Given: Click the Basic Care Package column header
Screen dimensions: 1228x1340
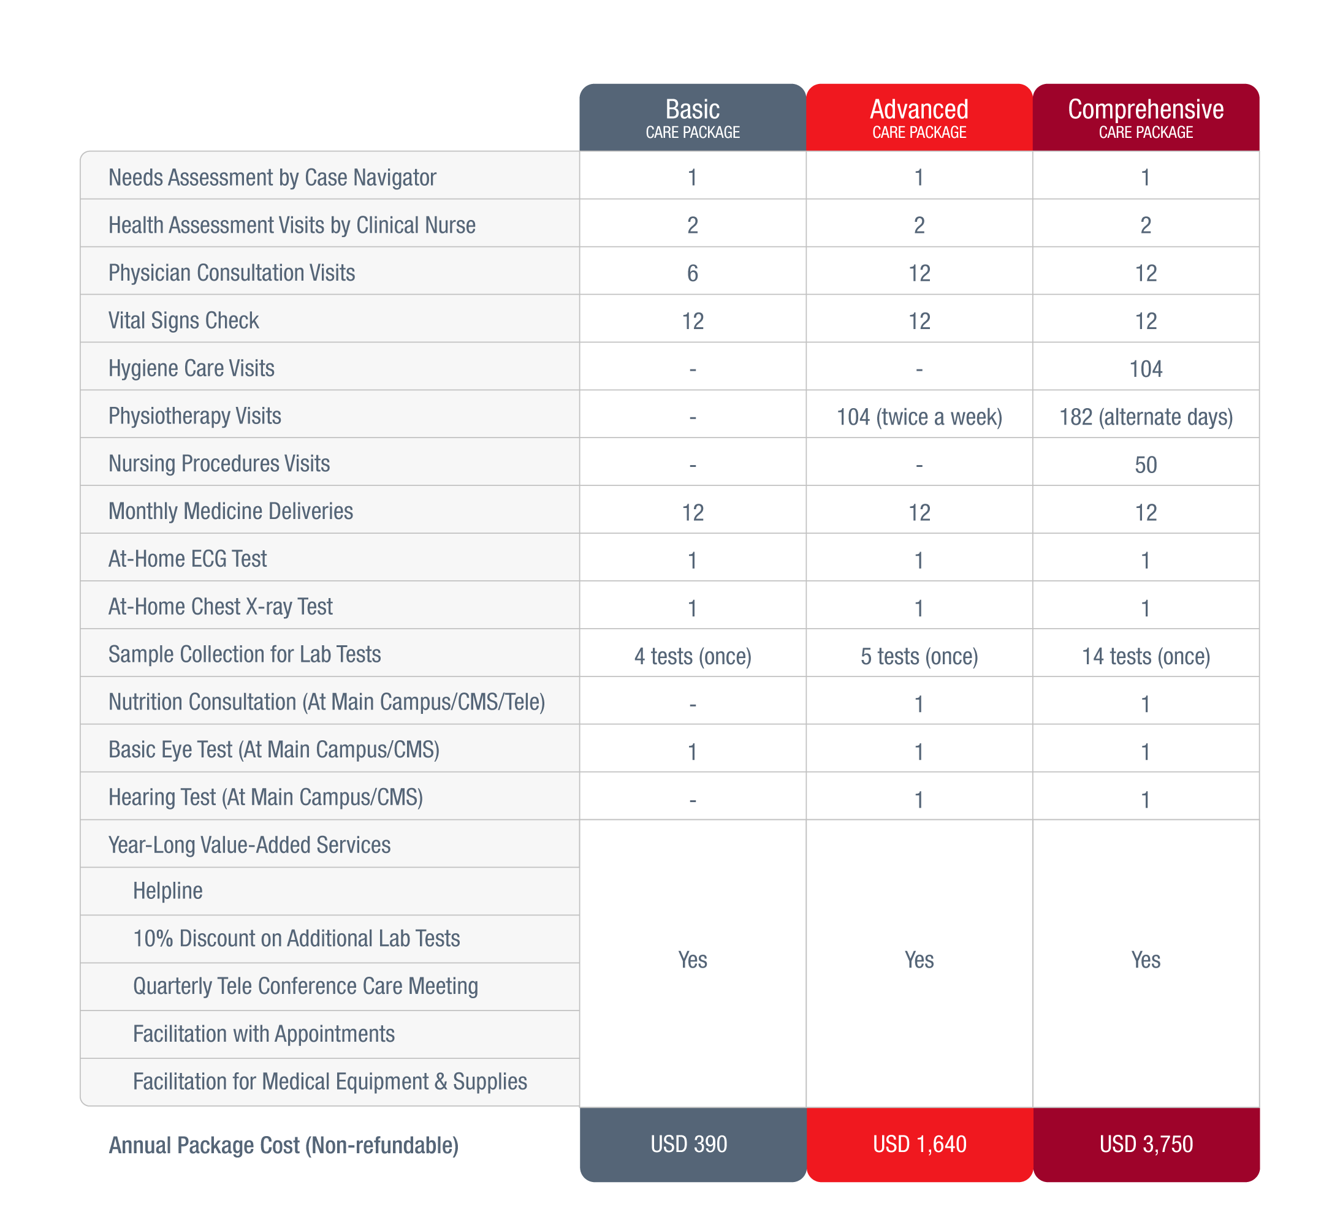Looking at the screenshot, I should tap(693, 118).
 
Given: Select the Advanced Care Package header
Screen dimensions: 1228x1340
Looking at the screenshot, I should tap(919, 118).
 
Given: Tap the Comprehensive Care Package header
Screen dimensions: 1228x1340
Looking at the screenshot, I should tap(1145, 118).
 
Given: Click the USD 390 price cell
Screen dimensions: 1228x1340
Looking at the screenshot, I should tap(689, 1143).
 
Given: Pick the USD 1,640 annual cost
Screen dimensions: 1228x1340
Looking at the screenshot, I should tap(919, 1143).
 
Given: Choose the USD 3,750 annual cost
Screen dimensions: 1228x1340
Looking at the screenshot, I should tap(1146, 1143).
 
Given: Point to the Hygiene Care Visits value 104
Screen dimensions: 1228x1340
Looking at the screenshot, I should tap(1146, 369).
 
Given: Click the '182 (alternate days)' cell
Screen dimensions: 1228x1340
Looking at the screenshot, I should tap(1146, 417).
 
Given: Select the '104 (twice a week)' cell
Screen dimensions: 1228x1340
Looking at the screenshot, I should tap(919, 417).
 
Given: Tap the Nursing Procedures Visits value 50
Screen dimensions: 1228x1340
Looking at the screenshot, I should tap(1146, 464).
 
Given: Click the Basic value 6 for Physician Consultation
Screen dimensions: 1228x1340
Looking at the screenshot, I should tap(693, 273).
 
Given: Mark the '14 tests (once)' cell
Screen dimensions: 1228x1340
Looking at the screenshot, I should tap(1146, 656).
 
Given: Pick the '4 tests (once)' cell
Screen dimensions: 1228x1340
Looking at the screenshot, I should tap(693, 656).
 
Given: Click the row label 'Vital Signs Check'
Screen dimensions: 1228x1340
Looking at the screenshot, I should tap(183, 320).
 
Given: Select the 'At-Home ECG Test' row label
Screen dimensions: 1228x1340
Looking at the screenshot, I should tap(188, 559).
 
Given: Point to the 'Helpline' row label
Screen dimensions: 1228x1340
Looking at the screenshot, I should tap(167, 890).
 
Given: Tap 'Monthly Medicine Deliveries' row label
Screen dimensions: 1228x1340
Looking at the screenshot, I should tap(230, 511).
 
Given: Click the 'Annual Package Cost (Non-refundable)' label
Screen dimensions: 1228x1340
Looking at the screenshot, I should tap(284, 1145).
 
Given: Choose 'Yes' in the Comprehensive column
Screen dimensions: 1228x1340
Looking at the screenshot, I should tap(1146, 960).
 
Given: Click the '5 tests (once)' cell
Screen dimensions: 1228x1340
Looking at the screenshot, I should tap(919, 656).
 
